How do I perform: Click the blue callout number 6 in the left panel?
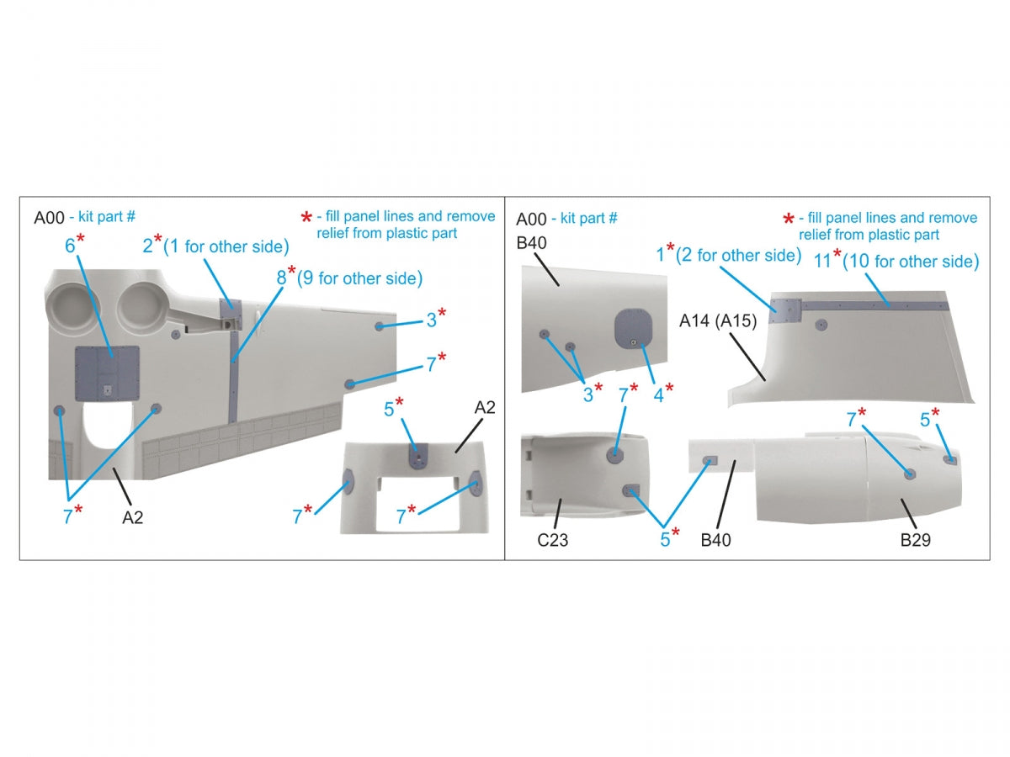pyautogui.click(x=70, y=246)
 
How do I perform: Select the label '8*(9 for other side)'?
pyautogui.click(x=349, y=278)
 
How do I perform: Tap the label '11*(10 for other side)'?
pyautogui.click(x=896, y=260)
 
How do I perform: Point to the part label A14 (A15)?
pyautogui.click(x=718, y=320)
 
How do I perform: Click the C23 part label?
pyautogui.click(x=552, y=540)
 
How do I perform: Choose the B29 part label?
pyautogui.click(x=915, y=540)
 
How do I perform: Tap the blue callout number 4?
pyautogui.click(x=658, y=395)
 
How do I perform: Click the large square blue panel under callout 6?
pyautogui.click(x=107, y=373)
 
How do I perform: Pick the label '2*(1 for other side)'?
pyautogui.click(x=215, y=246)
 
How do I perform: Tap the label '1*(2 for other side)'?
pyautogui.click(x=728, y=254)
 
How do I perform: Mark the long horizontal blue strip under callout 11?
pyautogui.click(x=874, y=305)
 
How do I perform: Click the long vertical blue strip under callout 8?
pyautogui.click(x=233, y=377)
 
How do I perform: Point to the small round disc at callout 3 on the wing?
pyautogui.click(x=379, y=326)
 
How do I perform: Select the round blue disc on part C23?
pyautogui.click(x=614, y=455)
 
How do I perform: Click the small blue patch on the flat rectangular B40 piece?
pyautogui.click(x=710, y=461)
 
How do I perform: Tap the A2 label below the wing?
pyautogui.click(x=132, y=517)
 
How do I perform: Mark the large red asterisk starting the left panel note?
pyautogui.click(x=306, y=217)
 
